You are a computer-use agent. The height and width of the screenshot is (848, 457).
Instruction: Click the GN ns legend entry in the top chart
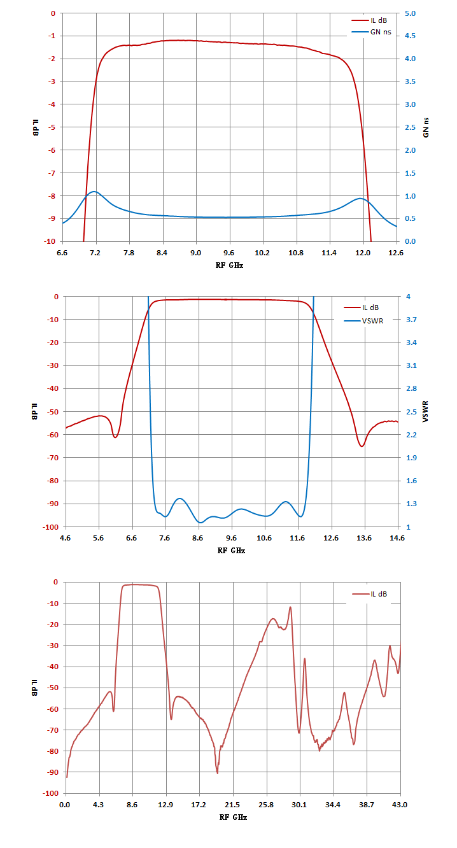(x=371, y=32)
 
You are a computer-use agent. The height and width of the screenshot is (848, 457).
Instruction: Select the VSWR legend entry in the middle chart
(x=363, y=321)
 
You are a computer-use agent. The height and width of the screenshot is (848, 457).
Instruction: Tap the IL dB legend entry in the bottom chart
(x=370, y=594)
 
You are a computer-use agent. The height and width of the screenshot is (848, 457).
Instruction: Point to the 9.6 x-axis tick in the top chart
(x=229, y=253)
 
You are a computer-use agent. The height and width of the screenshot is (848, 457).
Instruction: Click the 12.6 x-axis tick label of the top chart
(x=396, y=253)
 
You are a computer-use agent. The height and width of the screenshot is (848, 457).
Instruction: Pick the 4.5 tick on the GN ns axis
(x=410, y=36)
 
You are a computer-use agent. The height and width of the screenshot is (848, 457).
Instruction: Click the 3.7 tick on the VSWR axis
(x=412, y=320)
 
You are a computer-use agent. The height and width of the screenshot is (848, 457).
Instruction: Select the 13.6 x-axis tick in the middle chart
(x=364, y=538)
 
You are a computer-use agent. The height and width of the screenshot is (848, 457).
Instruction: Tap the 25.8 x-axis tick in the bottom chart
(x=266, y=805)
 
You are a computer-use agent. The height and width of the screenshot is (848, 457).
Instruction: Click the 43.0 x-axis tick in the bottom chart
(x=400, y=805)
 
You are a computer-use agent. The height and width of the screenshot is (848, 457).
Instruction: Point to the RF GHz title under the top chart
(x=229, y=265)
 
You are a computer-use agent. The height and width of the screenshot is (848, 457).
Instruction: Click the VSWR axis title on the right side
(x=426, y=411)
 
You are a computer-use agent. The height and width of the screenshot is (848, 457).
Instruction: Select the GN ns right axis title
(x=426, y=127)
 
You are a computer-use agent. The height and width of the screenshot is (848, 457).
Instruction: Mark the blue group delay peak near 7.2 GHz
(x=94, y=192)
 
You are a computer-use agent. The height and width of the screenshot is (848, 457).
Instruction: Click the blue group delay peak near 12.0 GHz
(x=360, y=199)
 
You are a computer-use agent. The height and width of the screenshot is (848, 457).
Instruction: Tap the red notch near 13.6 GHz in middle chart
(x=362, y=446)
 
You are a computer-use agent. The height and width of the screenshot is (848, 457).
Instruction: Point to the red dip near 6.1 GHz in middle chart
(x=115, y=437)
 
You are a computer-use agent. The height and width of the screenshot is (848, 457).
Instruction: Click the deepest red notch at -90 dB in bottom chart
(x=217, y=773)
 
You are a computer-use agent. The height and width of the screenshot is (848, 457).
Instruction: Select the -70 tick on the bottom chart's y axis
(x=53, y=730)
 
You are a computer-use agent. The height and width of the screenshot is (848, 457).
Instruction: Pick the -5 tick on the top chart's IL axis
(x=52, y=127)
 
